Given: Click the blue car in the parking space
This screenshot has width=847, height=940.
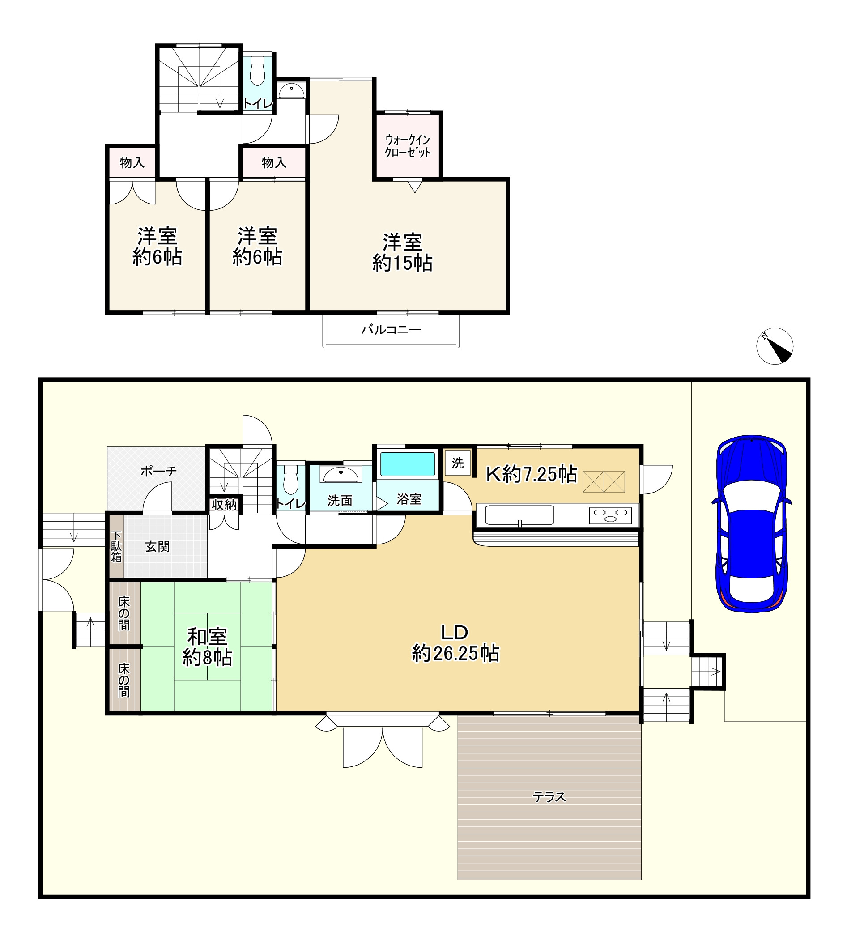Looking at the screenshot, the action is (x=752, y=523).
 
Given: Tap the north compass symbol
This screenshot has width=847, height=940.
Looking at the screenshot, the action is (x=775, y=346).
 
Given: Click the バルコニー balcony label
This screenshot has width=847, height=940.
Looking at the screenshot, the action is (x=392, y=330).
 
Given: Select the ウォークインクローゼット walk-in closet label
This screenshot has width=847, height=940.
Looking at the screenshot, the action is (x=408, y=146).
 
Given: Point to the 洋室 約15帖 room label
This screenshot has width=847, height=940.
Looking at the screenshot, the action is (x=403, y=253).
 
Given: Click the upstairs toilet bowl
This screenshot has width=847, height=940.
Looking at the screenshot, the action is (x=257, y=71).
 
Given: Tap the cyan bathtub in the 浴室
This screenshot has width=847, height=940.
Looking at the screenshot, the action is (x=408, y=464).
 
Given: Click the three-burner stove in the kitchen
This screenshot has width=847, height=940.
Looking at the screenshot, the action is (x=609, y=515).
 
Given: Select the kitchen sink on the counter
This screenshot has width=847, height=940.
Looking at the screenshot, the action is (x=520, y=515).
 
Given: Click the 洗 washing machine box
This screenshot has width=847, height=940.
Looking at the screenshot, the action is (x=457, y=463).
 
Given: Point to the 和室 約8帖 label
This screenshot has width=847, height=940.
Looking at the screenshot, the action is (x=208, y=647).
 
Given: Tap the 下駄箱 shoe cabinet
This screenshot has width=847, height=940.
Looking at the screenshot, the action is (x=117, y=546).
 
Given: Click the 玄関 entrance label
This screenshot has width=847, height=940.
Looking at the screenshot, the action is (x=157, y=547).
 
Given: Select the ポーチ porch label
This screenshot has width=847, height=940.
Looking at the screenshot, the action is (x=159, y=472).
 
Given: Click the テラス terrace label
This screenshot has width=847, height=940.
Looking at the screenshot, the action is (x=549, y=798).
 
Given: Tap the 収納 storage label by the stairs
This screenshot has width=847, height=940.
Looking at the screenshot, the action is (x=224, y=505).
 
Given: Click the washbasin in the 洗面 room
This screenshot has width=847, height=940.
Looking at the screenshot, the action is (x=341, y=475).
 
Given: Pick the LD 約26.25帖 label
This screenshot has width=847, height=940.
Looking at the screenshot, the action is (x=455, y=643).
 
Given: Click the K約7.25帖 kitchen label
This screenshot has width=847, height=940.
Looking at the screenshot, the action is (x=532, y=474).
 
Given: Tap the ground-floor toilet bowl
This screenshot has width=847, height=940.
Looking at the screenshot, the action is (x=291, y=479).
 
